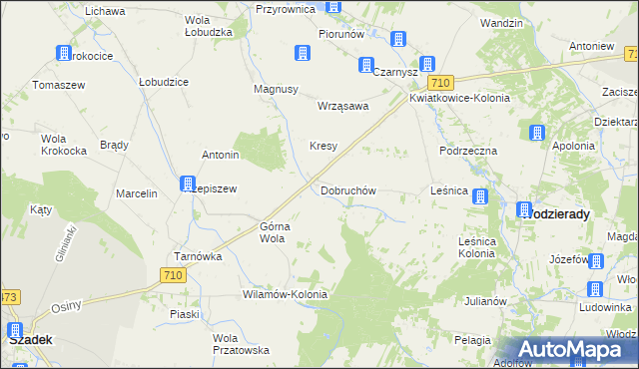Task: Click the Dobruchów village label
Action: click(x=347, y=190)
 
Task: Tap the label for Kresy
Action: click(x=322, y=146)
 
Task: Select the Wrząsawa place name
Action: click(x=342, y=106)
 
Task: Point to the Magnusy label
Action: click(x=277, y=89)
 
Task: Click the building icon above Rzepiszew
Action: click(x=187, y=184)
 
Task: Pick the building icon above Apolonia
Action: click(x=537, y=133)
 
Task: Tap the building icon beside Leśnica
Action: click(x=480, y=197)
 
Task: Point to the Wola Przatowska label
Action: click(x=241, y=344)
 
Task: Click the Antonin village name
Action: click(x=221, y=156)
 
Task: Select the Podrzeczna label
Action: click(x=468, y=150)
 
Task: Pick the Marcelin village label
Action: click(x=137, y=193)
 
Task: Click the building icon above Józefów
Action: click(x=597, y=262)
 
